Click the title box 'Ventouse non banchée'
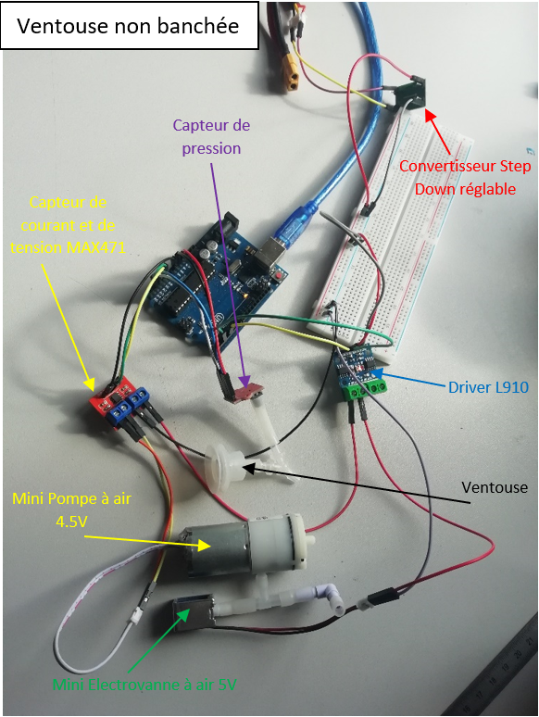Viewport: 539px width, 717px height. coord(130,25)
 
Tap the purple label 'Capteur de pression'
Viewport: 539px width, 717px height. coord(211,137)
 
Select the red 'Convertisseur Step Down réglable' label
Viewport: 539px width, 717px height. coord(465,178)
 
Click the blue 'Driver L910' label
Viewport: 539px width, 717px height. coord(488,387)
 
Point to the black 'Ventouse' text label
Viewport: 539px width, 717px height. coord(495,487)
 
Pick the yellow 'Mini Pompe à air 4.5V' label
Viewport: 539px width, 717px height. coord(72,509)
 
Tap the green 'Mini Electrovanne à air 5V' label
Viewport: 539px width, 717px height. coord(144,685)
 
